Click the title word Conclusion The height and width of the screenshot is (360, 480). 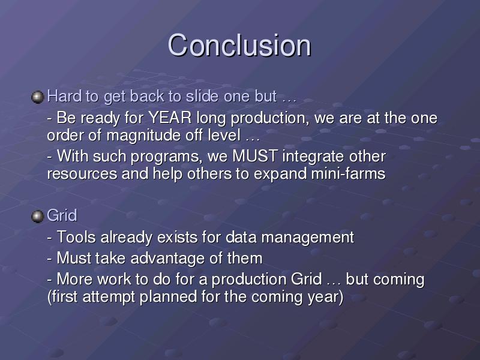[239, 46]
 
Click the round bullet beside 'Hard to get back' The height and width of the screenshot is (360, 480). [38, 97]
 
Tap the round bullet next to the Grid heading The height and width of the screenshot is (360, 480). [38, 217]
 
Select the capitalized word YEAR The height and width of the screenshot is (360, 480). [170, 118]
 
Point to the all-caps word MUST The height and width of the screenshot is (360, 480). [256, 156]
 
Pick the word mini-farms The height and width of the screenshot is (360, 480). [348, 173]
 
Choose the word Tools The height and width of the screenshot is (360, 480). [76, 237]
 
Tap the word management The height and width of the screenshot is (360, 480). [308, 238]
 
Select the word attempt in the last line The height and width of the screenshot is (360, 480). [109, 297]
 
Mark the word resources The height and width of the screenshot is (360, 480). [82, 174]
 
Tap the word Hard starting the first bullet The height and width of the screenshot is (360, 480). [64, 96]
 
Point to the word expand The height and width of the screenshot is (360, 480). [280, 174]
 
